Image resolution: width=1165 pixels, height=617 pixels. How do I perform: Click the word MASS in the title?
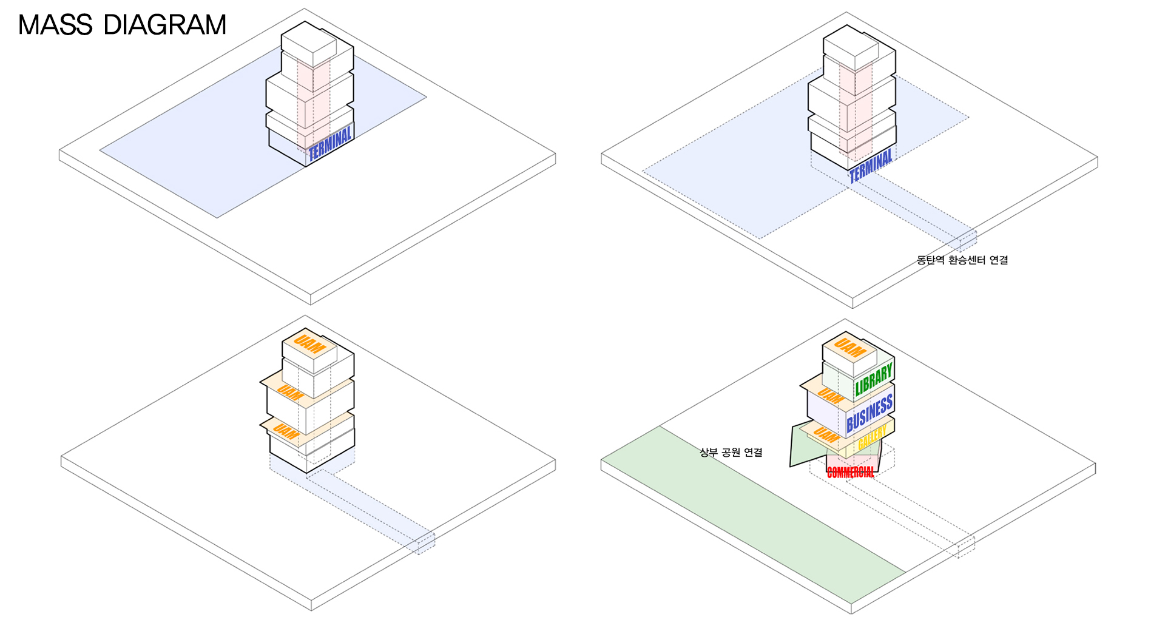click(55, 25)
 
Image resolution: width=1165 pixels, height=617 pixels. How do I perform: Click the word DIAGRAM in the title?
click(165, 25)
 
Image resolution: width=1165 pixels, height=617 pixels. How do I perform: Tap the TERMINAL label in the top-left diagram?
click(330, 144)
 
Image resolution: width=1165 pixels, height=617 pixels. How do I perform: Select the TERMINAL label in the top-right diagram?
click(871, 166)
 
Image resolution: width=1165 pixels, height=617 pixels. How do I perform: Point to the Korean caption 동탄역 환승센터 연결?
click(962, 260)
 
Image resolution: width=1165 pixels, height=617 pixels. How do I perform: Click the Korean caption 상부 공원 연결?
click(731, 453)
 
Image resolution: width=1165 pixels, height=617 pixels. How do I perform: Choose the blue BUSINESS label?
click(870, 413)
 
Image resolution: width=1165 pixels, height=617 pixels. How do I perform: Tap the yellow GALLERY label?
click(872, 438)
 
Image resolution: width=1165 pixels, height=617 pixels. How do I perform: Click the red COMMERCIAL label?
click(851, 472)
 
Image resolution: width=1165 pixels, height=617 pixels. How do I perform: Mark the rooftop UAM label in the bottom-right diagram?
click(849, 348)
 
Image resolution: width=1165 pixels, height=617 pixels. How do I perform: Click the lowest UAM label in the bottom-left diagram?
click(285, 432)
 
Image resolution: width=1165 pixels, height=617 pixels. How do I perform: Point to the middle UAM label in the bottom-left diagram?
click(291, 394)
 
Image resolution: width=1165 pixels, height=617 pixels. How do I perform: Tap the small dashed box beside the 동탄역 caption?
click(968, 241)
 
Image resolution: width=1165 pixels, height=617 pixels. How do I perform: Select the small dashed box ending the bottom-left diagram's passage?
click(426, 542)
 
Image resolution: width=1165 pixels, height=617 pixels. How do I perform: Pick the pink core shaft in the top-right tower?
click(856, 103)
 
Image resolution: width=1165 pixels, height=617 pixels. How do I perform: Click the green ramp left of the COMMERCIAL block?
click(804, 446)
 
